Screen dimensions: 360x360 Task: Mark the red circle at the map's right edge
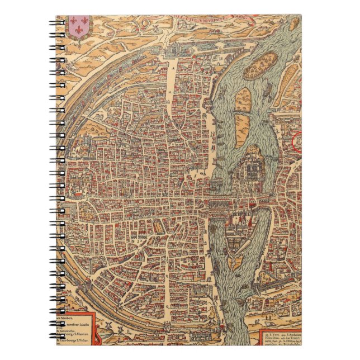pos(298,141)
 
